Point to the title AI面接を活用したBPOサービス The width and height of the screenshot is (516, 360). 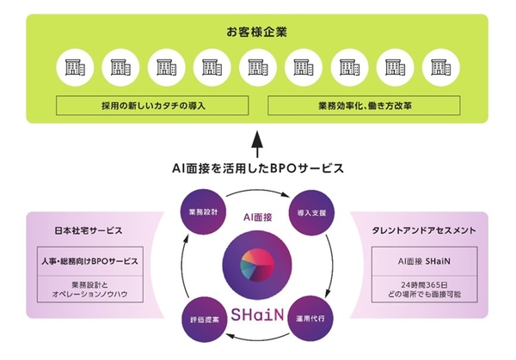(x=257, y=168)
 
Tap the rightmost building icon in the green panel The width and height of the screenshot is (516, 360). (x=442, y=66)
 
